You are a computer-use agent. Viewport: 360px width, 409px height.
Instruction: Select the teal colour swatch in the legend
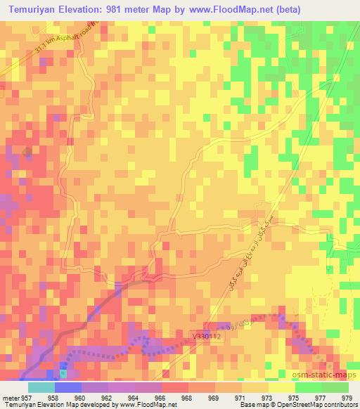tap(41, 387)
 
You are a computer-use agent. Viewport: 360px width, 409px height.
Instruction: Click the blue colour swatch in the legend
tap(68, 387)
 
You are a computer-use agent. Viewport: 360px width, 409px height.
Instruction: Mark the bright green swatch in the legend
tap(321, 387)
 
